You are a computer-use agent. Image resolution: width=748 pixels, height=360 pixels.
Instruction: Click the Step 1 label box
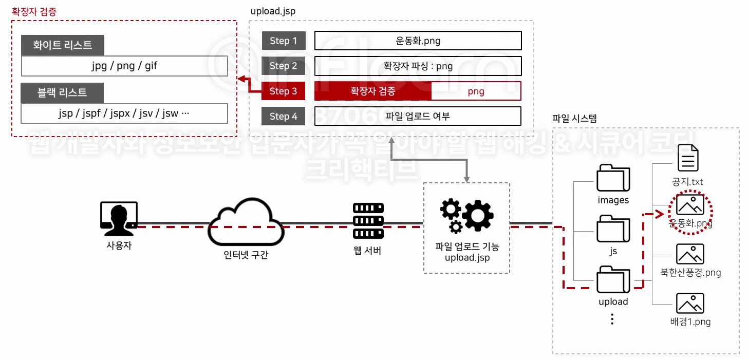[x=284, y=41]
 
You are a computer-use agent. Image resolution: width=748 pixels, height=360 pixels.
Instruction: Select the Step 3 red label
[x=284, y=91]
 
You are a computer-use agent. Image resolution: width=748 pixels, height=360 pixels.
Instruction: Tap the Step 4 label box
[x=284, y=116]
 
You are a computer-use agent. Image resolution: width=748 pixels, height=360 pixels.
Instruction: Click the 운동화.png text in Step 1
[x=418, y=41]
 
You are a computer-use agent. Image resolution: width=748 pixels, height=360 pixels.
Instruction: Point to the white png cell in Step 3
[x=476, y=91]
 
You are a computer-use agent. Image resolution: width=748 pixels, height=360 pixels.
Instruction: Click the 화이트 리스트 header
[x=63, y=45]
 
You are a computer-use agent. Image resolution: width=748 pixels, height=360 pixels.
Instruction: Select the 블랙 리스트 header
[x=62, y=93]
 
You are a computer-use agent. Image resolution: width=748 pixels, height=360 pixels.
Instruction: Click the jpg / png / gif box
[x=124, y=66]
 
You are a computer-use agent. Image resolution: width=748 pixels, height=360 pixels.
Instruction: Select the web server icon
[x=368, y=220]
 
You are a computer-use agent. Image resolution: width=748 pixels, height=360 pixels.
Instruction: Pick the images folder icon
[x=613, y=178]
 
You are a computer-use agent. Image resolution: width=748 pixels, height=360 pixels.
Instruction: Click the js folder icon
[x=613, y=229]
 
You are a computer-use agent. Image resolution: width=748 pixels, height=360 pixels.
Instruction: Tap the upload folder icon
[x=613, y=279]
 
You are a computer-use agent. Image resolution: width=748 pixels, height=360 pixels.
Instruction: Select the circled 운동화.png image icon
[x=690, y=205]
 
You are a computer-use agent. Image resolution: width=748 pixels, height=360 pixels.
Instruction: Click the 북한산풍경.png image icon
[x=690, y=254]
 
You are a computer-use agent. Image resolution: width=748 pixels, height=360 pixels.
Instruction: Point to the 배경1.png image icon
[x=690, y=304]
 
